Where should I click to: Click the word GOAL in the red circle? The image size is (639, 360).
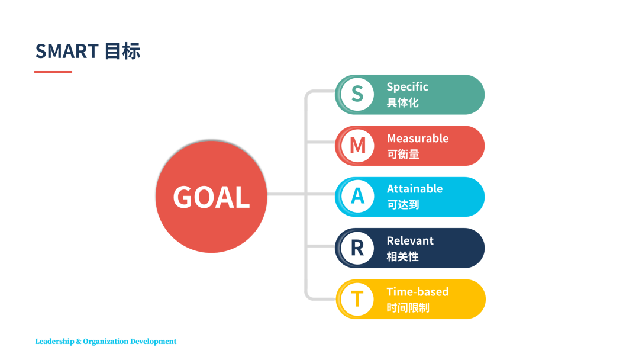point(211,197)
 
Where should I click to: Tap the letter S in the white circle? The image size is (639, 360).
point(357,94)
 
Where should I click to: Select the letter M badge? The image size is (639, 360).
point(357,146)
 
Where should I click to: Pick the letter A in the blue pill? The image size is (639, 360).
point(357,197)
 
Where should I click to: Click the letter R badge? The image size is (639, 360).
point(357,248)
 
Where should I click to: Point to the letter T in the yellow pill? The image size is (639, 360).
point(357,299)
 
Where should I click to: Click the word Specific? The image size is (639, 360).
point(407,87)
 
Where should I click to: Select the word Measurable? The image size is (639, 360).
point(418,138)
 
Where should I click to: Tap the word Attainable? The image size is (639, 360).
point(414,188)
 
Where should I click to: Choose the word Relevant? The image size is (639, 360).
point(410,240)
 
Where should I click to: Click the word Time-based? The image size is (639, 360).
point(418,292)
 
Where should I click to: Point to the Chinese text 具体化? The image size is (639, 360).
point(403,103)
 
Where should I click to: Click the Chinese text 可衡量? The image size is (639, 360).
point(403,155)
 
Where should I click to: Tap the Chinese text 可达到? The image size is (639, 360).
point(403,205)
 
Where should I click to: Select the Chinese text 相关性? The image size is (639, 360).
point(403,257)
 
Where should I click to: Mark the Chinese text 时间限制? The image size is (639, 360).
point(408,308)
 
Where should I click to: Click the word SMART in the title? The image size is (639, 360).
point(67,52)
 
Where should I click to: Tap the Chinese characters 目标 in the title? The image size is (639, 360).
point(122,52)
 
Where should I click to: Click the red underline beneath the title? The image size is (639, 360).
point(53,72)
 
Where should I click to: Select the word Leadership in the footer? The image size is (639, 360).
point(54,342)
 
